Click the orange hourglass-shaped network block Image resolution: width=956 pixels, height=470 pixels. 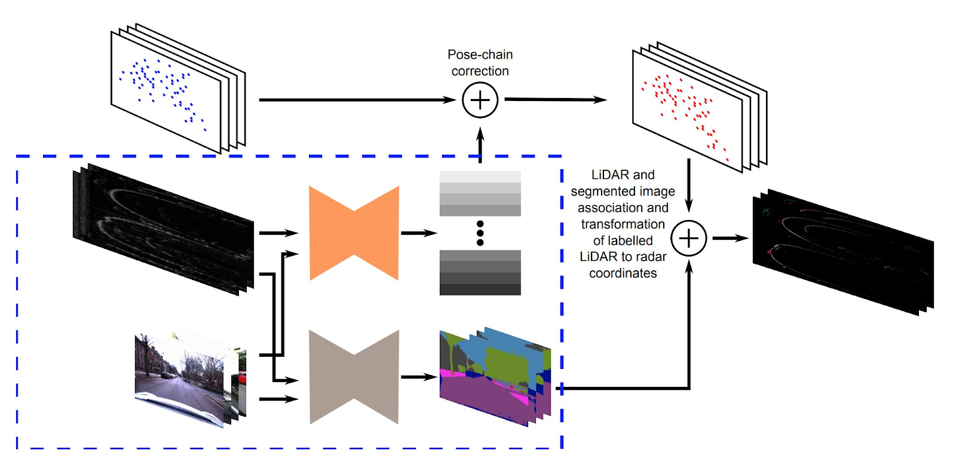tap(354, 233)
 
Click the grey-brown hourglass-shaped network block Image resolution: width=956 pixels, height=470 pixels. tap(354, 377)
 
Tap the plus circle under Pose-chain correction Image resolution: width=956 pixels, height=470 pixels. tap(480, 100)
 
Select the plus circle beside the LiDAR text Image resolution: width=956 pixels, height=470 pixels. tap(688, 238)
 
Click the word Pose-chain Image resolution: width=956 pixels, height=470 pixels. tap(480, 54)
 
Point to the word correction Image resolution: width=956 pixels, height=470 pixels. tap(480, 71)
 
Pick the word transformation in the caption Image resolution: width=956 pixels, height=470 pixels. tap(623, 224)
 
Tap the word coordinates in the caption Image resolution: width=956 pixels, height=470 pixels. tap(623, 273)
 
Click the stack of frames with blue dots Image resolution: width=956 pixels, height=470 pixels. tap(173, 90)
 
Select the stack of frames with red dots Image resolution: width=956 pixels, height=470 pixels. tap(693, 108)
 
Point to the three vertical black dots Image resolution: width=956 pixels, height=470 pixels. tap(480, 233)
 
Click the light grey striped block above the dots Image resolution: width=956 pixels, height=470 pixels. tap(480, 194)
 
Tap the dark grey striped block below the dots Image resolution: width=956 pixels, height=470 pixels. tap(480, 273)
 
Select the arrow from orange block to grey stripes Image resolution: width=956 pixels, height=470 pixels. tap(418, 233)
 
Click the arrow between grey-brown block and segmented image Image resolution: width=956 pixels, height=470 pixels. tap(418, 377)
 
